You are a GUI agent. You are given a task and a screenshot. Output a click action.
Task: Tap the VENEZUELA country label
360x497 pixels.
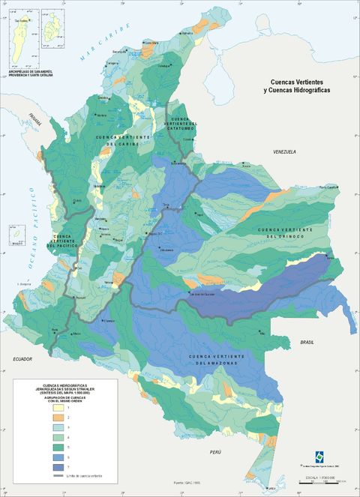pyautogui.click(x=285, y=152)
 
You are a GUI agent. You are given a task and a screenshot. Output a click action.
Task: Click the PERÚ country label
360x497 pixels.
pyautogui.click(x=216, y=453)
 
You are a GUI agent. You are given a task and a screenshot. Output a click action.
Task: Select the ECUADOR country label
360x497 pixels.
pyautogui.click(x=23, y=360)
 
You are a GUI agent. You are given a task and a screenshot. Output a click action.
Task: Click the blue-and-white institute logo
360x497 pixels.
pyautogui.click(x=320, y=459)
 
